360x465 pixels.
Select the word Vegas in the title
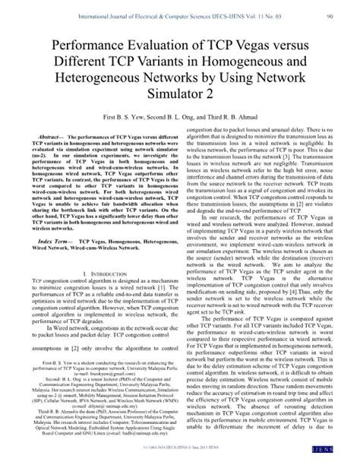pos(262,45)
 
